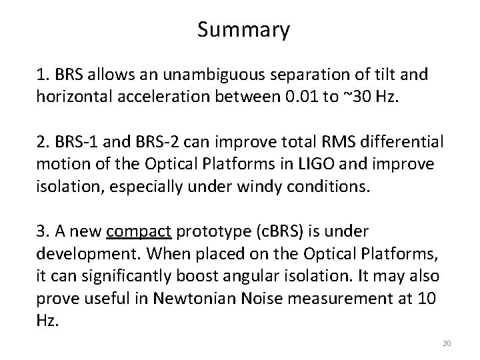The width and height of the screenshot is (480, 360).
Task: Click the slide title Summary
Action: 243,30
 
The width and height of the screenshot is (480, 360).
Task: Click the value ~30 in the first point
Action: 357,99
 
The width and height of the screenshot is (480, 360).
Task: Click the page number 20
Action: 447,343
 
